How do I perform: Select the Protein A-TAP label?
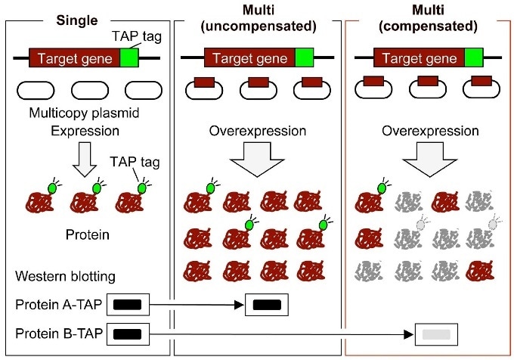(x=58, y=306)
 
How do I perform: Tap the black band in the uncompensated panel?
(x=268, y=306)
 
